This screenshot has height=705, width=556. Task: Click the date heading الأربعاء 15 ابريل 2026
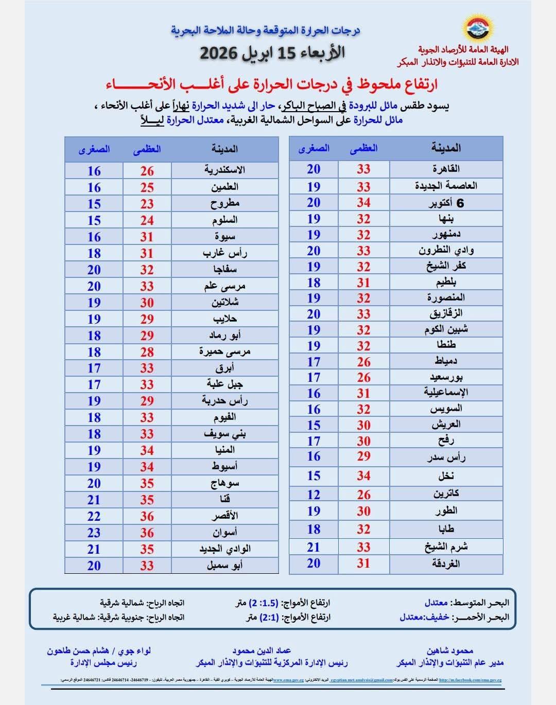[272, 52]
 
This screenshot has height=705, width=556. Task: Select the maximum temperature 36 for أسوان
[147, 533]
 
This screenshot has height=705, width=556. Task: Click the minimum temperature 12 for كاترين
[314, 495]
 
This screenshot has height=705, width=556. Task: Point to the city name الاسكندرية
[224, 170]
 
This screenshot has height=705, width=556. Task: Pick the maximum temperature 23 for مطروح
[147, 204]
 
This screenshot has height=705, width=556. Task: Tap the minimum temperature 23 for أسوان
[94, 533]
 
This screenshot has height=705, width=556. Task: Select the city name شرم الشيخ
[446, 547]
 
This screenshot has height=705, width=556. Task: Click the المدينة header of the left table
[224, 149]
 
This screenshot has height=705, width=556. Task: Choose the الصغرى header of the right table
[314, 149]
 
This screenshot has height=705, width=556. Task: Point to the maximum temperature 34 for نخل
[363, 476]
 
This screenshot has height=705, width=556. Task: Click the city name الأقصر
[224, 516]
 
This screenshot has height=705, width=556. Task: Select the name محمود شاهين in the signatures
[449, 651]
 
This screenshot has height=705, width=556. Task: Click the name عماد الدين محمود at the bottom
[262, 651]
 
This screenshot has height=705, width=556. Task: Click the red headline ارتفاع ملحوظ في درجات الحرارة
[272, 84]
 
